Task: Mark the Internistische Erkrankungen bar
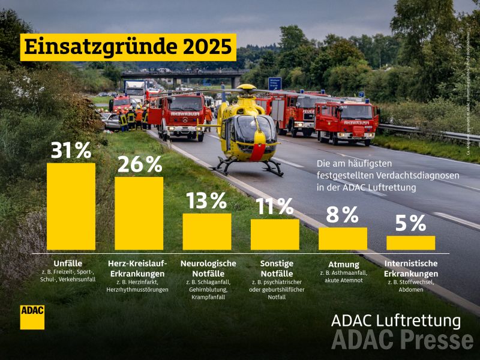point(410,242)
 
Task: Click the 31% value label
point(71,150)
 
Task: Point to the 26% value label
point(139,164)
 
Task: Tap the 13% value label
point(206,200)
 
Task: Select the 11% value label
point(275,206)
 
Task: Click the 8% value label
point(343,214)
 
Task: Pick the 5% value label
point(410,223)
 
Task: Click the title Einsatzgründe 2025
point(128,46)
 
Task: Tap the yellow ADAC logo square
point(32,316)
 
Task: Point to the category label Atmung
point(343,264)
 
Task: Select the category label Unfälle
point(67,263)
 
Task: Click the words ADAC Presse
point(402,340)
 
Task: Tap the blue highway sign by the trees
point(275,83)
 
